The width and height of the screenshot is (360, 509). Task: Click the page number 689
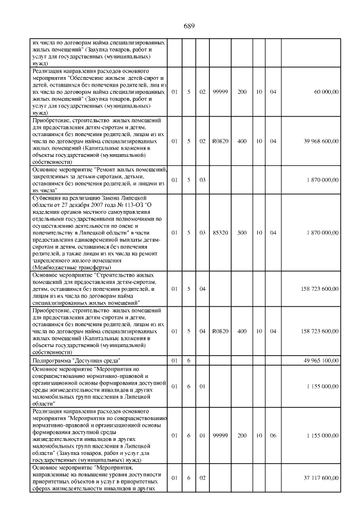click(188, 26)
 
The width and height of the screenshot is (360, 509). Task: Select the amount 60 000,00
click(326, 91)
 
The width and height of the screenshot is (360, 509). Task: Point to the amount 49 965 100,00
click(322, 359)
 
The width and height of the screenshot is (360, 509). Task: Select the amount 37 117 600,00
click(322, 478)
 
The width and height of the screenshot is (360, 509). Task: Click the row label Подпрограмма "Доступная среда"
click(78, 359)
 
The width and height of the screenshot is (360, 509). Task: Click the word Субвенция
click(49, 198)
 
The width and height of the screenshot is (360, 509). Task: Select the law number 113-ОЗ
click(136, 205)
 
